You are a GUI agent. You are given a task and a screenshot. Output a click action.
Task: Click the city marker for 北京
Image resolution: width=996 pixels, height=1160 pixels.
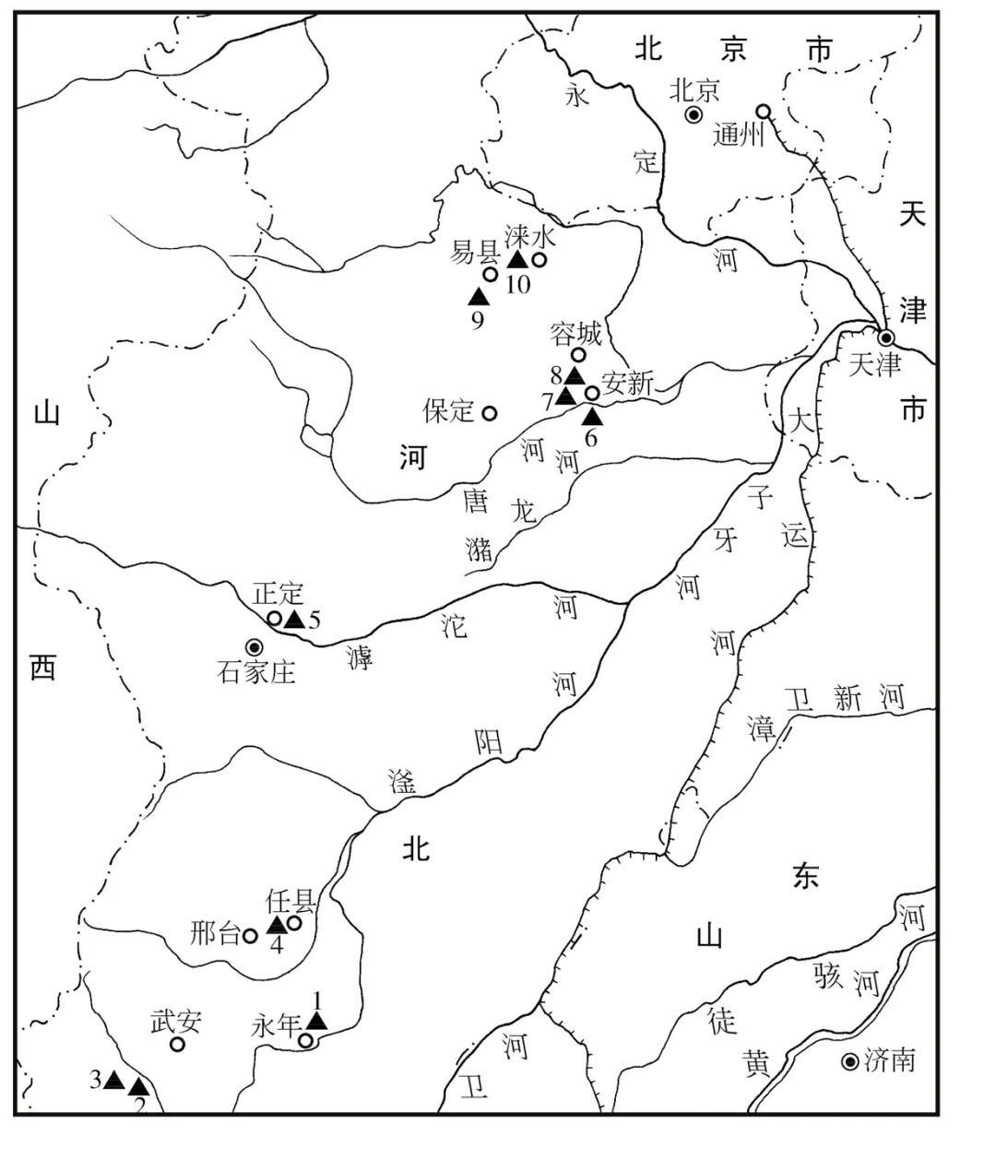(x=694, y=114)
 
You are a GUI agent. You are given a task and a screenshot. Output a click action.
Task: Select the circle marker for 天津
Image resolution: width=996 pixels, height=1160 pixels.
(x=885, y=337)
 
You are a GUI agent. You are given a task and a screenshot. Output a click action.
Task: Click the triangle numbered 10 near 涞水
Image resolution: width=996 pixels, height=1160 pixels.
(x=517, y=260)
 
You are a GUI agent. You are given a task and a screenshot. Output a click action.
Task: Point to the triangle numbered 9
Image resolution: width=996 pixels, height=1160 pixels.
(x=478, y=296)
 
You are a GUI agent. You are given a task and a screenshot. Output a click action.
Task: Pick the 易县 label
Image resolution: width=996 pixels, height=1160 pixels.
(x=474, y=251)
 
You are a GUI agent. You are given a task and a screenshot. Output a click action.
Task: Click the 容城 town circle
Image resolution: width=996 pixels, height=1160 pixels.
(x=579, y=354)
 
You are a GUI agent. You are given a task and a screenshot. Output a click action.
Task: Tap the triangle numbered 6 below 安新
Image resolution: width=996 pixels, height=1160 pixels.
(x=592, y=416)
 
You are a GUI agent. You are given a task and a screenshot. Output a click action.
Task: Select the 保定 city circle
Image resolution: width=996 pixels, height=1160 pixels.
(x=490, y=412)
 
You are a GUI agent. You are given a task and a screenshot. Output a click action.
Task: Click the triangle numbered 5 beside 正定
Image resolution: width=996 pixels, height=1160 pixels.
(x=294, y=619)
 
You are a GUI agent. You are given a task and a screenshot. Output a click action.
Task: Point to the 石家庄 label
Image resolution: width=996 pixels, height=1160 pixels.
(x=257, y=672)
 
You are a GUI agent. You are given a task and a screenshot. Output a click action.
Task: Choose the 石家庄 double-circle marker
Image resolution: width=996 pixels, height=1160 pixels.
(x=254, y=646)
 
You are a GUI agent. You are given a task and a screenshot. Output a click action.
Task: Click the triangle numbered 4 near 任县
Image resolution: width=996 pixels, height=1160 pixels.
(x=276, y=925)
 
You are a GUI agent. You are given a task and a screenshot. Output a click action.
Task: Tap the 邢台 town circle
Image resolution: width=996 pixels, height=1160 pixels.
(x=249, y=935)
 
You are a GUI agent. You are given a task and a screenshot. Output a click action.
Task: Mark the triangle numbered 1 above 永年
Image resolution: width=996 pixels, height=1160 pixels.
(x=316, y=1020)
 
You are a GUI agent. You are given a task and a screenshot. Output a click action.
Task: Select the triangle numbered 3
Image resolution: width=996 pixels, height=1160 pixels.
(x=113, y=1079)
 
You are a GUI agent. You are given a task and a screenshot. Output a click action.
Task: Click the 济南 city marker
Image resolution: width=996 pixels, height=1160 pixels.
(x=850, y=1061)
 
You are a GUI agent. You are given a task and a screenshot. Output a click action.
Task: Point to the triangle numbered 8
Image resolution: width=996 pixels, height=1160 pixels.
(x=574, y=375)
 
